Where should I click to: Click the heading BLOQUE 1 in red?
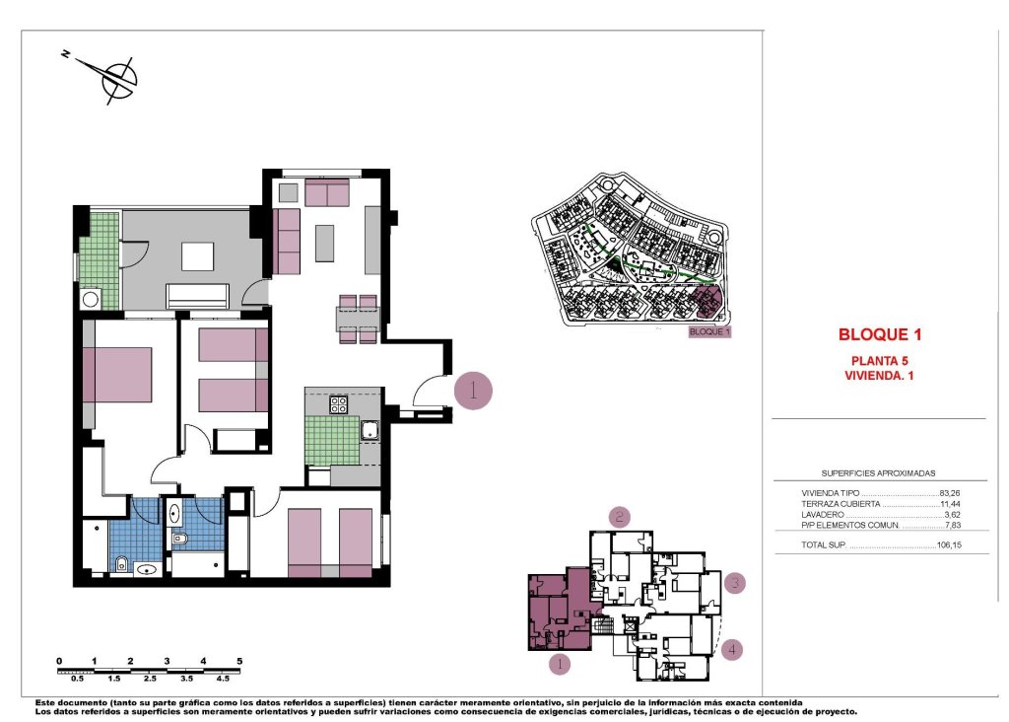(x=879, y=334)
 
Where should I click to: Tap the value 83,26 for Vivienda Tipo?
(x=950, y=492)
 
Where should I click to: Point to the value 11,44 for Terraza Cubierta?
(x=950, y=503)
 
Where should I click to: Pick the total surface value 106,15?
(x=948, y=544)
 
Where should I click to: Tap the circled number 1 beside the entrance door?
(x=473, y=391)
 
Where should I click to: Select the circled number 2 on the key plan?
(x=619, y=516)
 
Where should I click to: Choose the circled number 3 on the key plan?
(x=735, y=583)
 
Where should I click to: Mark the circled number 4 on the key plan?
(x=730, y=649)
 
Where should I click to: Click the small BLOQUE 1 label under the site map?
(x=710, y=332)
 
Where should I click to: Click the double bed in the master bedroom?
(x=118, y=374)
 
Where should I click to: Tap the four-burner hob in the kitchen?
(x=338, y=403)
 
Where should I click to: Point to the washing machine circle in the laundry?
(x=91, y=299)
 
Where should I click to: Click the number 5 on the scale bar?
(x=238, y=660)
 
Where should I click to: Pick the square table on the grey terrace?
(x=197, y=255)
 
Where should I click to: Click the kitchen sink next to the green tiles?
(x=370, y=428)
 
